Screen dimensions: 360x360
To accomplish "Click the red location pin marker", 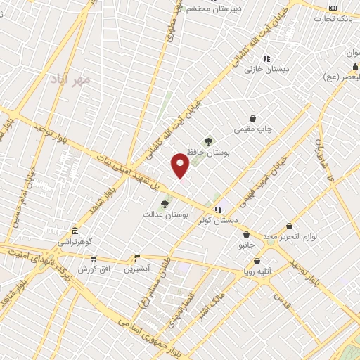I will (x=181, y=166).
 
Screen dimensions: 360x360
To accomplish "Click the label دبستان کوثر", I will (x=218, y=221).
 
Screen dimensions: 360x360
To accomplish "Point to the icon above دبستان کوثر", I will (x=218, y=210).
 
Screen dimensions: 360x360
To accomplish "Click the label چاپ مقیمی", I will (x=253, y=130).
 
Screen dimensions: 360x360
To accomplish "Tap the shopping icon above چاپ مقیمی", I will (x=252, y=119).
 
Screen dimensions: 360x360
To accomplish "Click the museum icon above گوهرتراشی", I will (x=75, y=231).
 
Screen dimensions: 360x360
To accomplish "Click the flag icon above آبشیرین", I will (x=136, y=258).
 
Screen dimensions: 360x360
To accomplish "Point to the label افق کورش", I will (x=91, y=269).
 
